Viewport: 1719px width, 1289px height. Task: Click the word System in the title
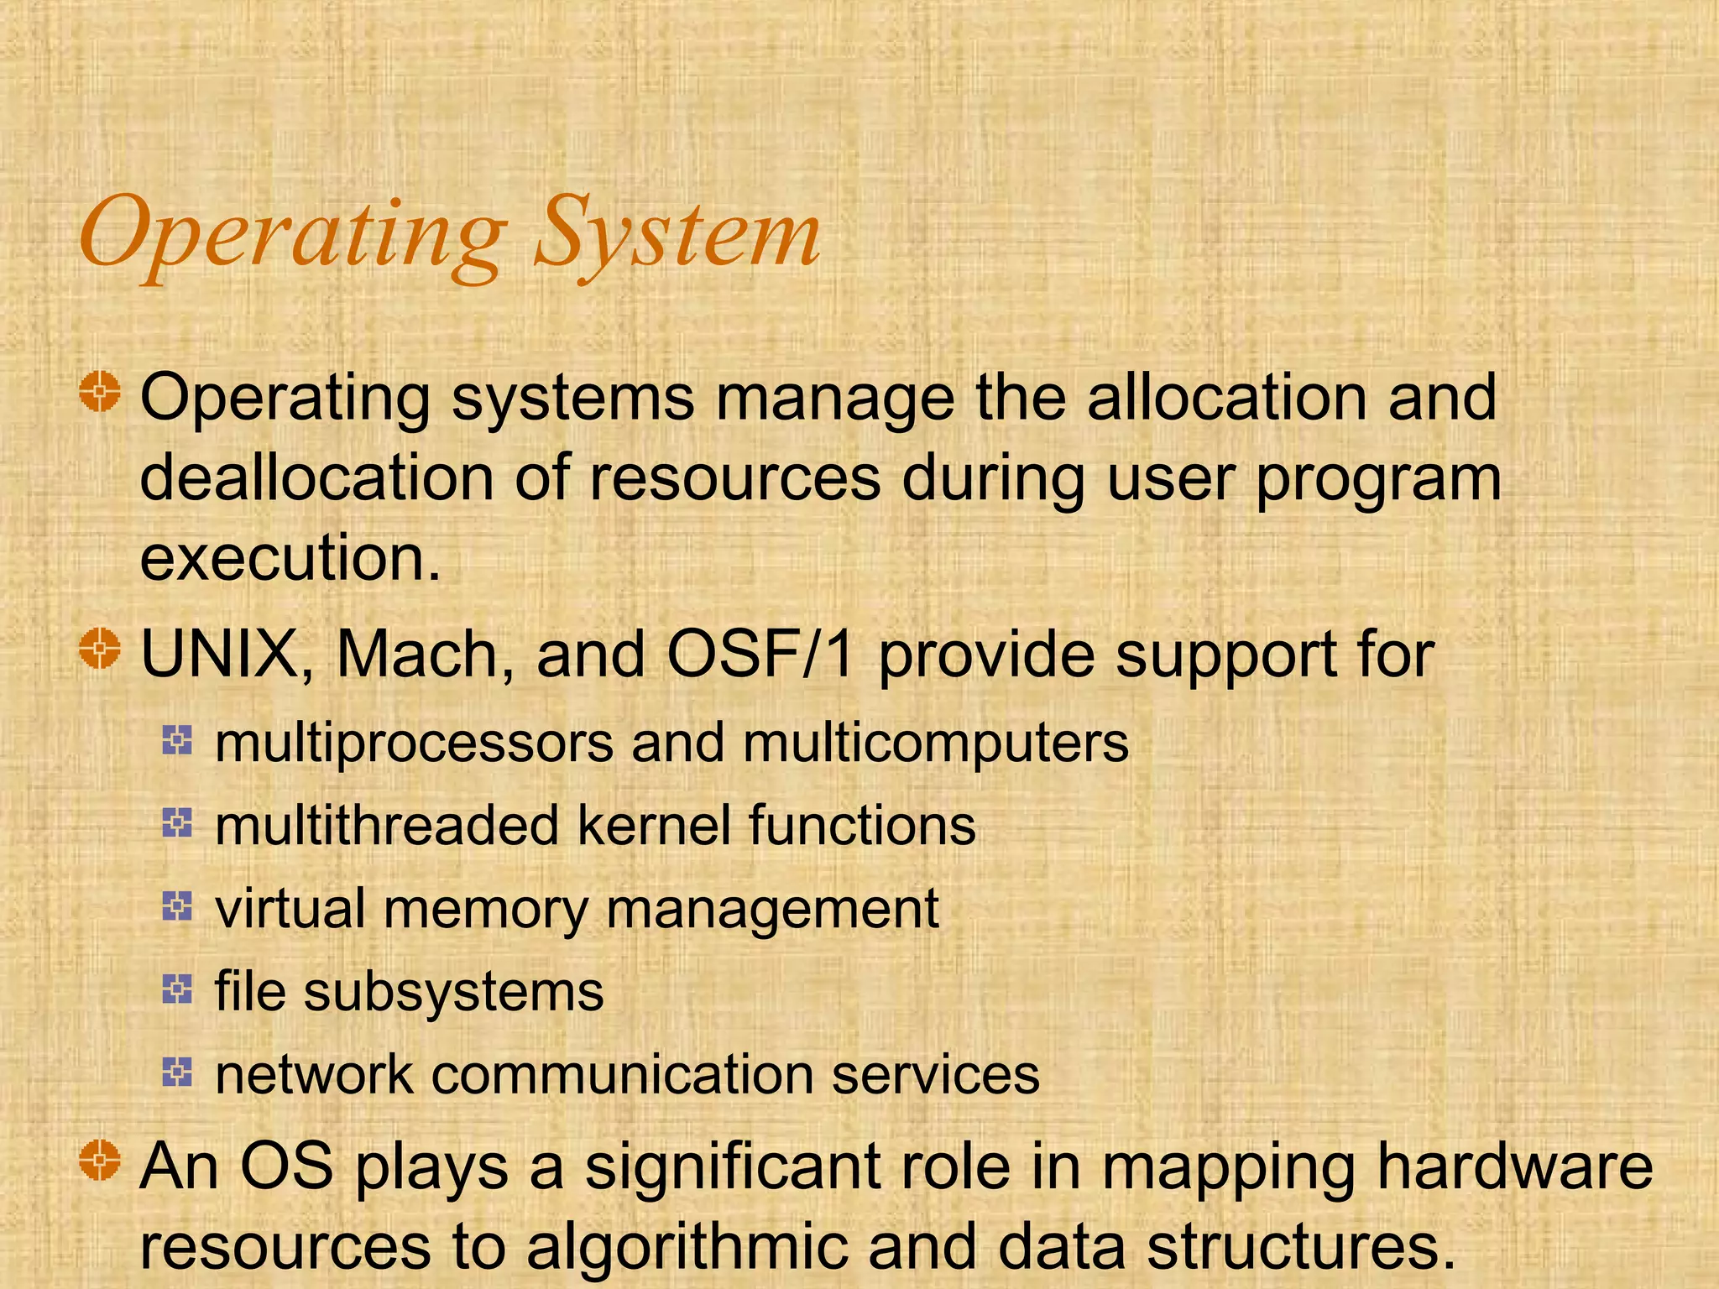(x=677, y=232)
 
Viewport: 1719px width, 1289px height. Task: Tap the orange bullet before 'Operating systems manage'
(x=101, y=391)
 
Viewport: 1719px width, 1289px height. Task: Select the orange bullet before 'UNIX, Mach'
(x=101, y=648)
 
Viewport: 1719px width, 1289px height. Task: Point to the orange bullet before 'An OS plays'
(x=101, y=1161)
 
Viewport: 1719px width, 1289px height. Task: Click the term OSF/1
(x=760, y=655)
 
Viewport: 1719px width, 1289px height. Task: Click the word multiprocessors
(x=415, y=744)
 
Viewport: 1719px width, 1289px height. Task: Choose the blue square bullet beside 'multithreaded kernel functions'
(x=177, y=822)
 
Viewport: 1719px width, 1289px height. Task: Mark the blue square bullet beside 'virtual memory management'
(x=177, y=905)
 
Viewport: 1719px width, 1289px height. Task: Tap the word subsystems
(x=454, y=992)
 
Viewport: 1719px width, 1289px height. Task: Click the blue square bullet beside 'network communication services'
(x=177, y=1071)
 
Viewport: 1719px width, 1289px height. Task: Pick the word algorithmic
(x=687, y=1247)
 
